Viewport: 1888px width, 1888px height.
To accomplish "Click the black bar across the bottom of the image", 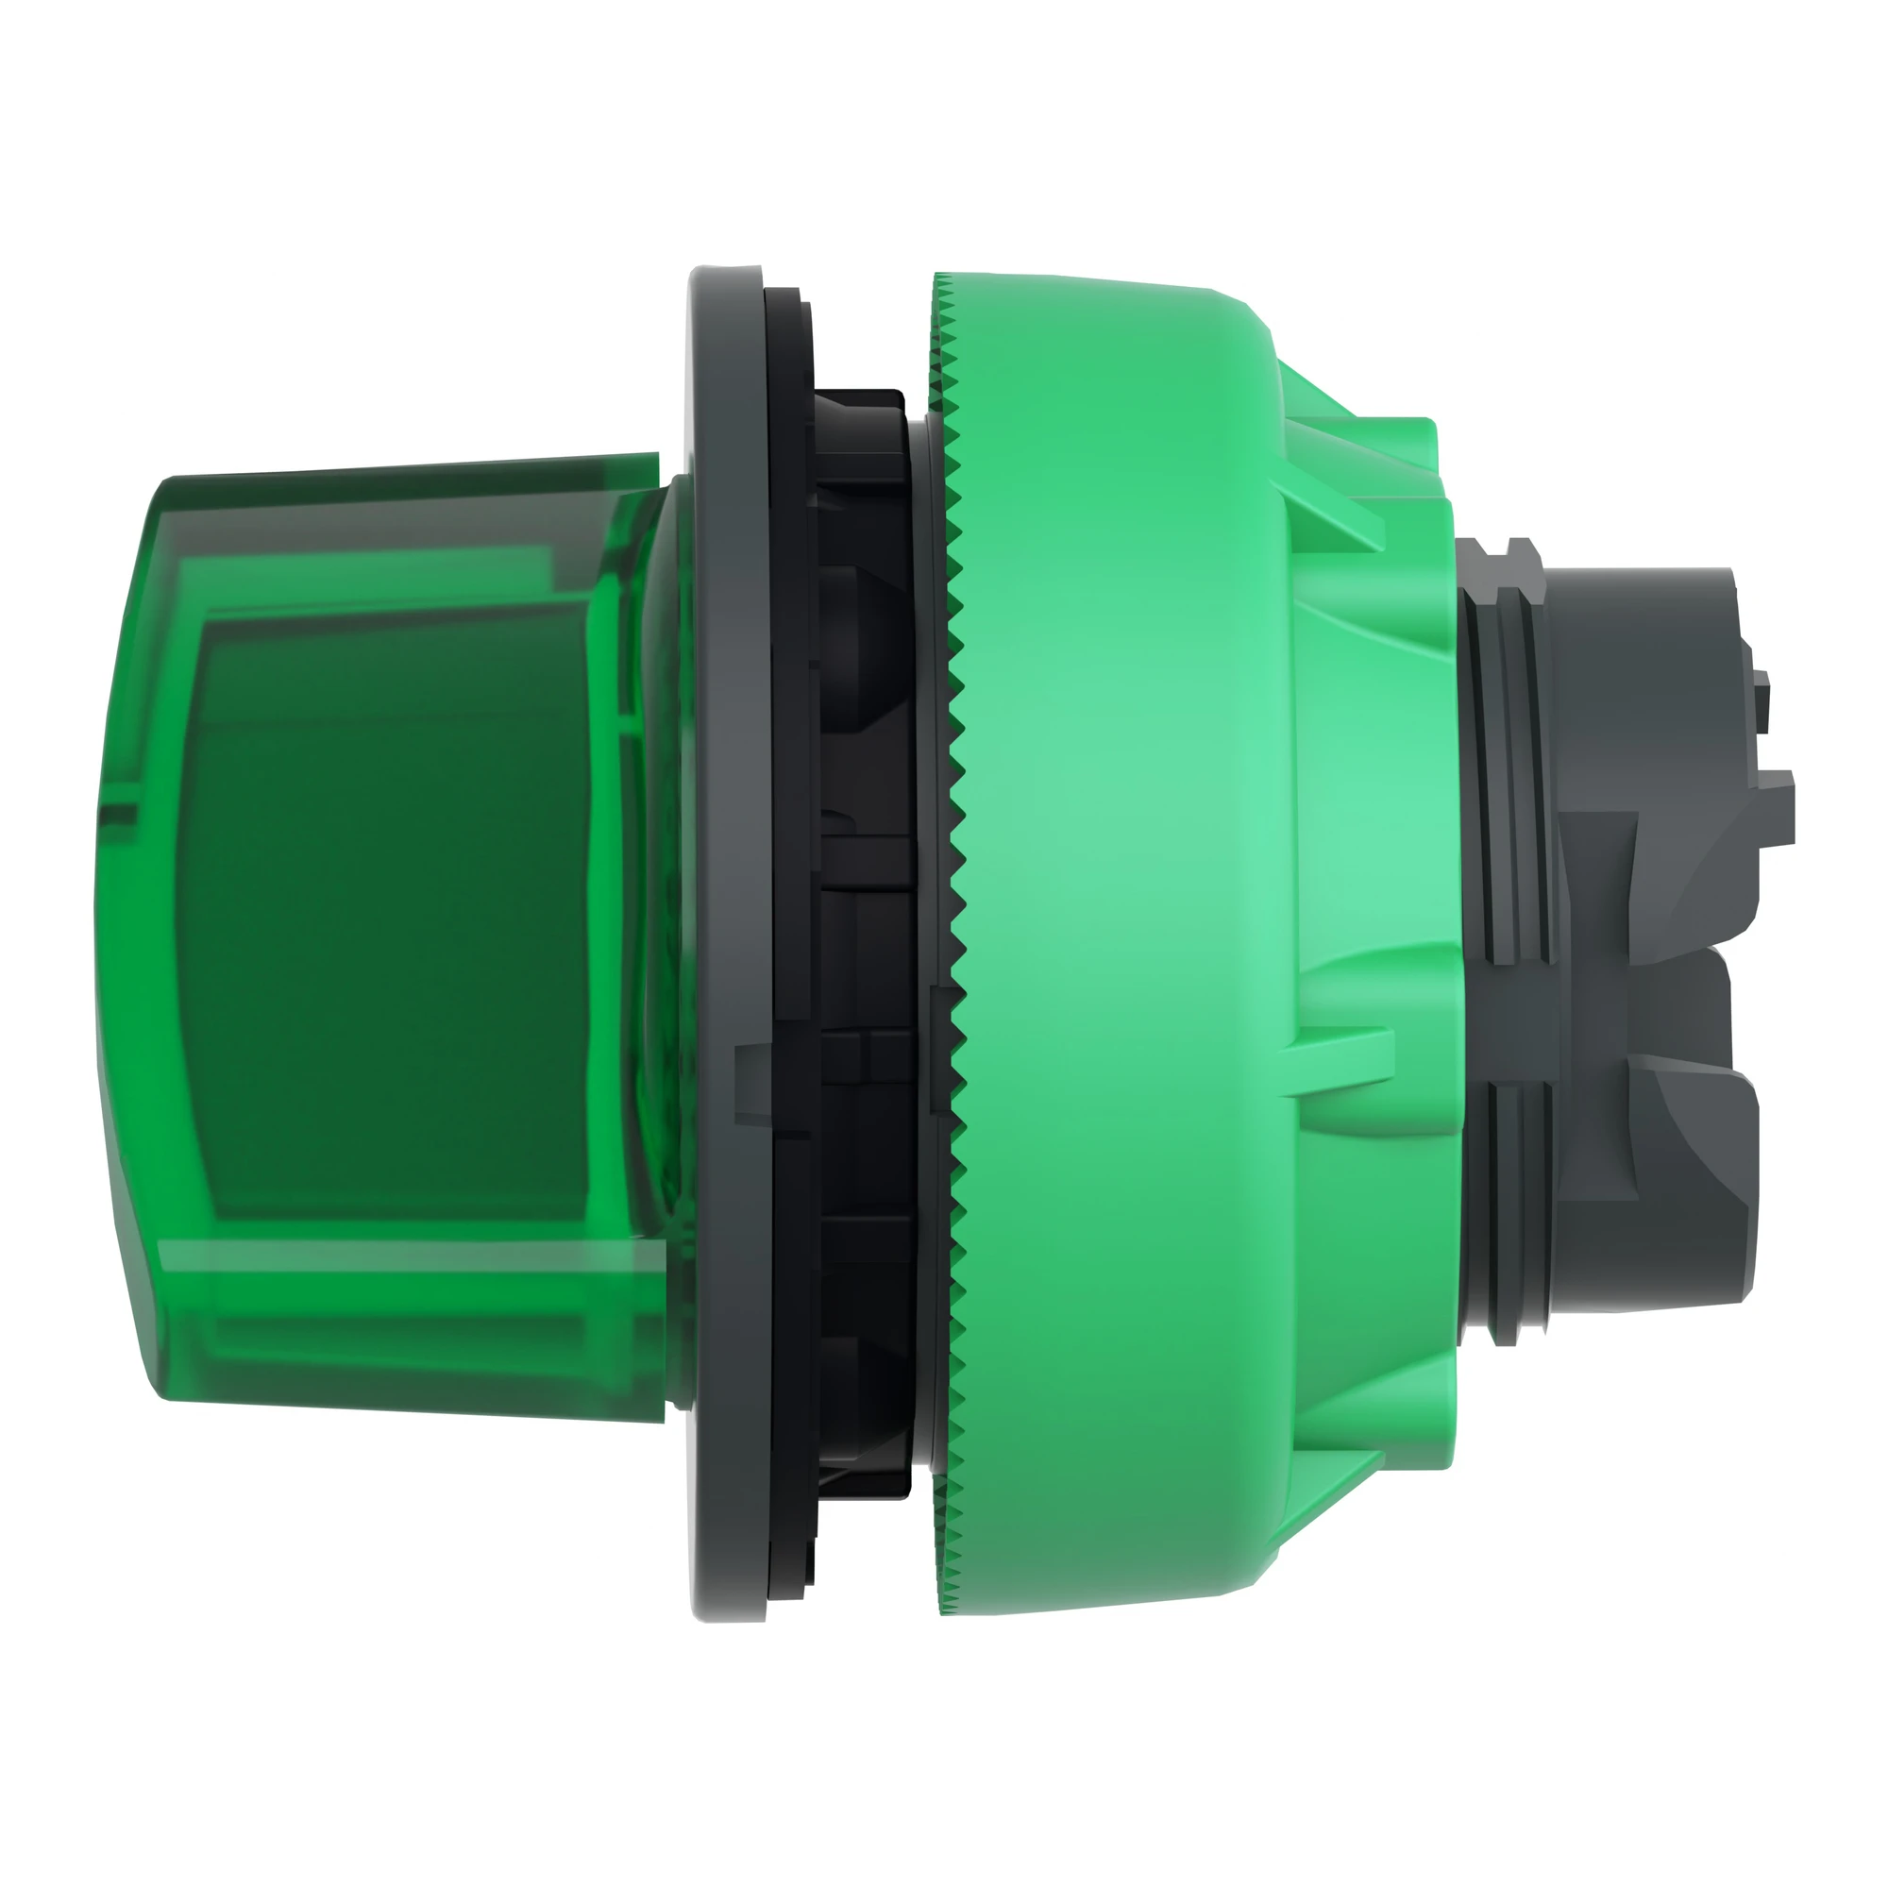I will tap(944, 1798).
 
